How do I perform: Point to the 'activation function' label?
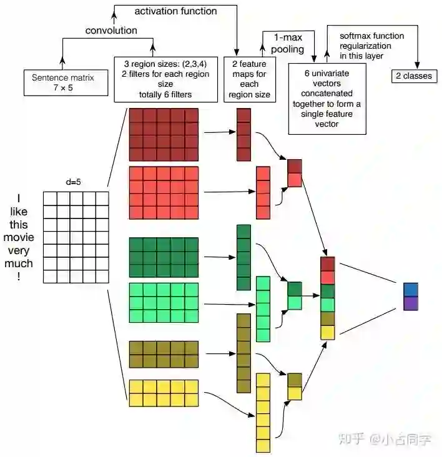tap(176, 11)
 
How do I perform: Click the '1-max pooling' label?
tap(288, 43)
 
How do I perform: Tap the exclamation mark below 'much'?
tap(19, 277)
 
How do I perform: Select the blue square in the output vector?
tap(410, 290)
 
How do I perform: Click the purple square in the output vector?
tap(410, 303)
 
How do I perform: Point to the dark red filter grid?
tap(164, 134)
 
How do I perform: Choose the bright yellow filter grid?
tap(164, 393)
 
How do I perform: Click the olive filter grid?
tap(164, 354)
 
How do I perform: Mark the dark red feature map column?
tap(243, 134)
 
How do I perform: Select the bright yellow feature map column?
tap(263, 413)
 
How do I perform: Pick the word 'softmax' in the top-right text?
tap(355, 36)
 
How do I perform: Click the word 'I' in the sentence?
tap(19, 198)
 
